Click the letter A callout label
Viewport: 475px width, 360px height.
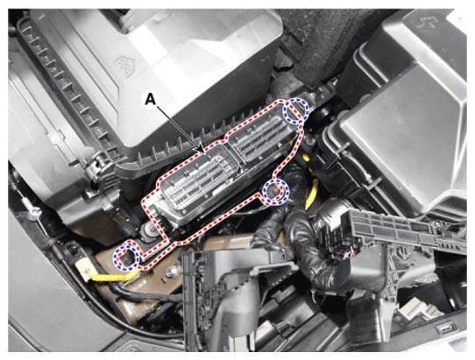(150, 99)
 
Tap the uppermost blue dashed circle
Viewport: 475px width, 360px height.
(295, 111)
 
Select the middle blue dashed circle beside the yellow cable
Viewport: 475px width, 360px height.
(276, 192)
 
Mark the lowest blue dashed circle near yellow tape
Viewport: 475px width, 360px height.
(126, 258)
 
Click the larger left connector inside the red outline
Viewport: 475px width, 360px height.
(197, 185)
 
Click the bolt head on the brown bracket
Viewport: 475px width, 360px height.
(170, 274)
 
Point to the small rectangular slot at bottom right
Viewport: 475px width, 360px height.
(445, 328)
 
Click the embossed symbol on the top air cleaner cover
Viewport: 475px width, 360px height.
(124, 66)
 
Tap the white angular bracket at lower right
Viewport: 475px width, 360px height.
(415, 309)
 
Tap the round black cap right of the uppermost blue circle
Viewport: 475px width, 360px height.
(323, 114)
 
